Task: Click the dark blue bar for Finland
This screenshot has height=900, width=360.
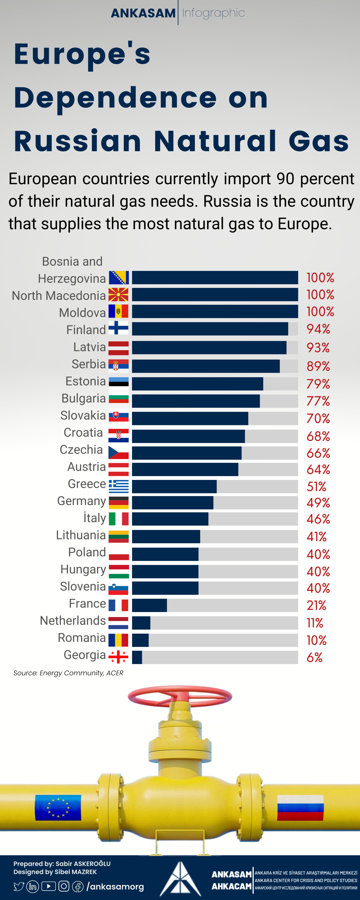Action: tap(210, 329)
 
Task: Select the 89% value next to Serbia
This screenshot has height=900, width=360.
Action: tap(318, 366)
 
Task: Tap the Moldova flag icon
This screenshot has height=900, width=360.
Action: tap(118, 311)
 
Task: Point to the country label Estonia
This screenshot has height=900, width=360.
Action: tap(86, 381)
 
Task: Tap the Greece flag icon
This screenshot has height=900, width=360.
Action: tap(118, 486)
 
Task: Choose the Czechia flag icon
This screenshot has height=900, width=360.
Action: tap(118, 452)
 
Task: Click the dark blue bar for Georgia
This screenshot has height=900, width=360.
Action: tap(137, 657)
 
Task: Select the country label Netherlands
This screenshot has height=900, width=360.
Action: tap(73, 620)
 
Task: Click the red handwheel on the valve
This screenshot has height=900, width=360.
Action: tap(180, 696)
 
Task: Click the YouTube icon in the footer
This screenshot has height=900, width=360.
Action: tap(49, 886)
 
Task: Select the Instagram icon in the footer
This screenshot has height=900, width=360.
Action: tap(64, 886)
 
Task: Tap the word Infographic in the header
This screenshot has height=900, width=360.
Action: tap(213, 13)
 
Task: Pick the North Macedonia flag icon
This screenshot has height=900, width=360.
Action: tap(118, 295)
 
